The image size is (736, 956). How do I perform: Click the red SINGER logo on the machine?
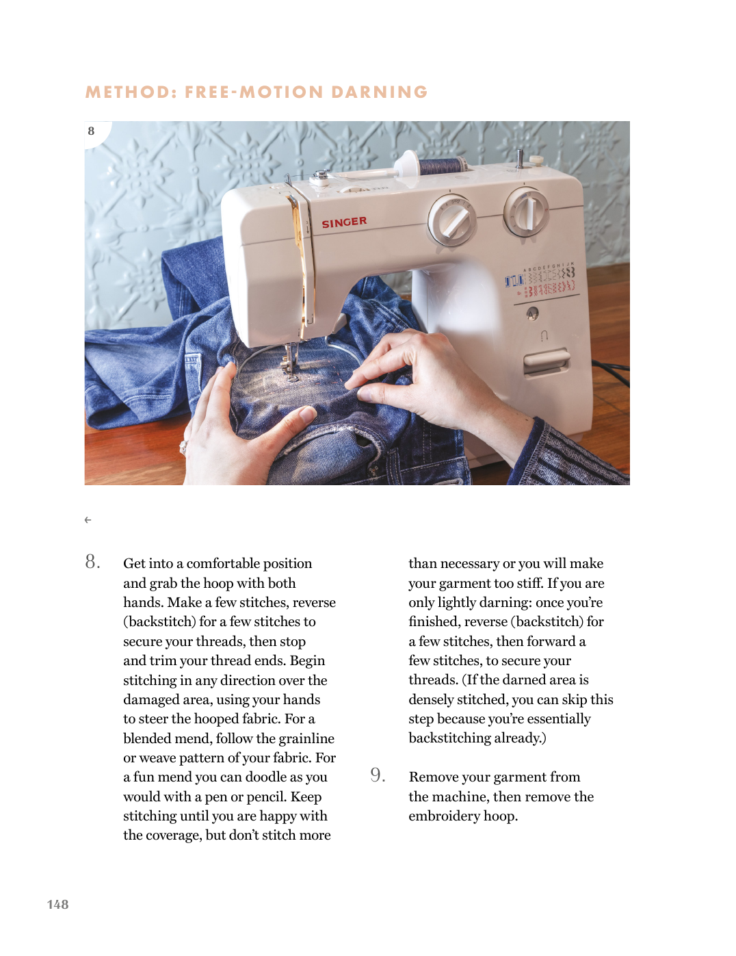(344, 222)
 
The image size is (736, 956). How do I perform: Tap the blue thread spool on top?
(443, 166)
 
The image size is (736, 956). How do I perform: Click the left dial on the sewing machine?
(452, 220)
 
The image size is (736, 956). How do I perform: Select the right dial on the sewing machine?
(526, 211)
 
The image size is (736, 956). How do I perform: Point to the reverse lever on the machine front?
(546, 362)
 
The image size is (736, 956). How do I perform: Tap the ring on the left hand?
(183, 448)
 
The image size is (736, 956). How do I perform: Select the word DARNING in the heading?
(379, 92)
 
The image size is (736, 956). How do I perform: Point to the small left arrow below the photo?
(88, 520)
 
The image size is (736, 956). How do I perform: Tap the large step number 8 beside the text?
(92, 562)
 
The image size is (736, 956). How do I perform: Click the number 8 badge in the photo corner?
(91, 131)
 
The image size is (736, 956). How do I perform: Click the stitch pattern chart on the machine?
(540, 279)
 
